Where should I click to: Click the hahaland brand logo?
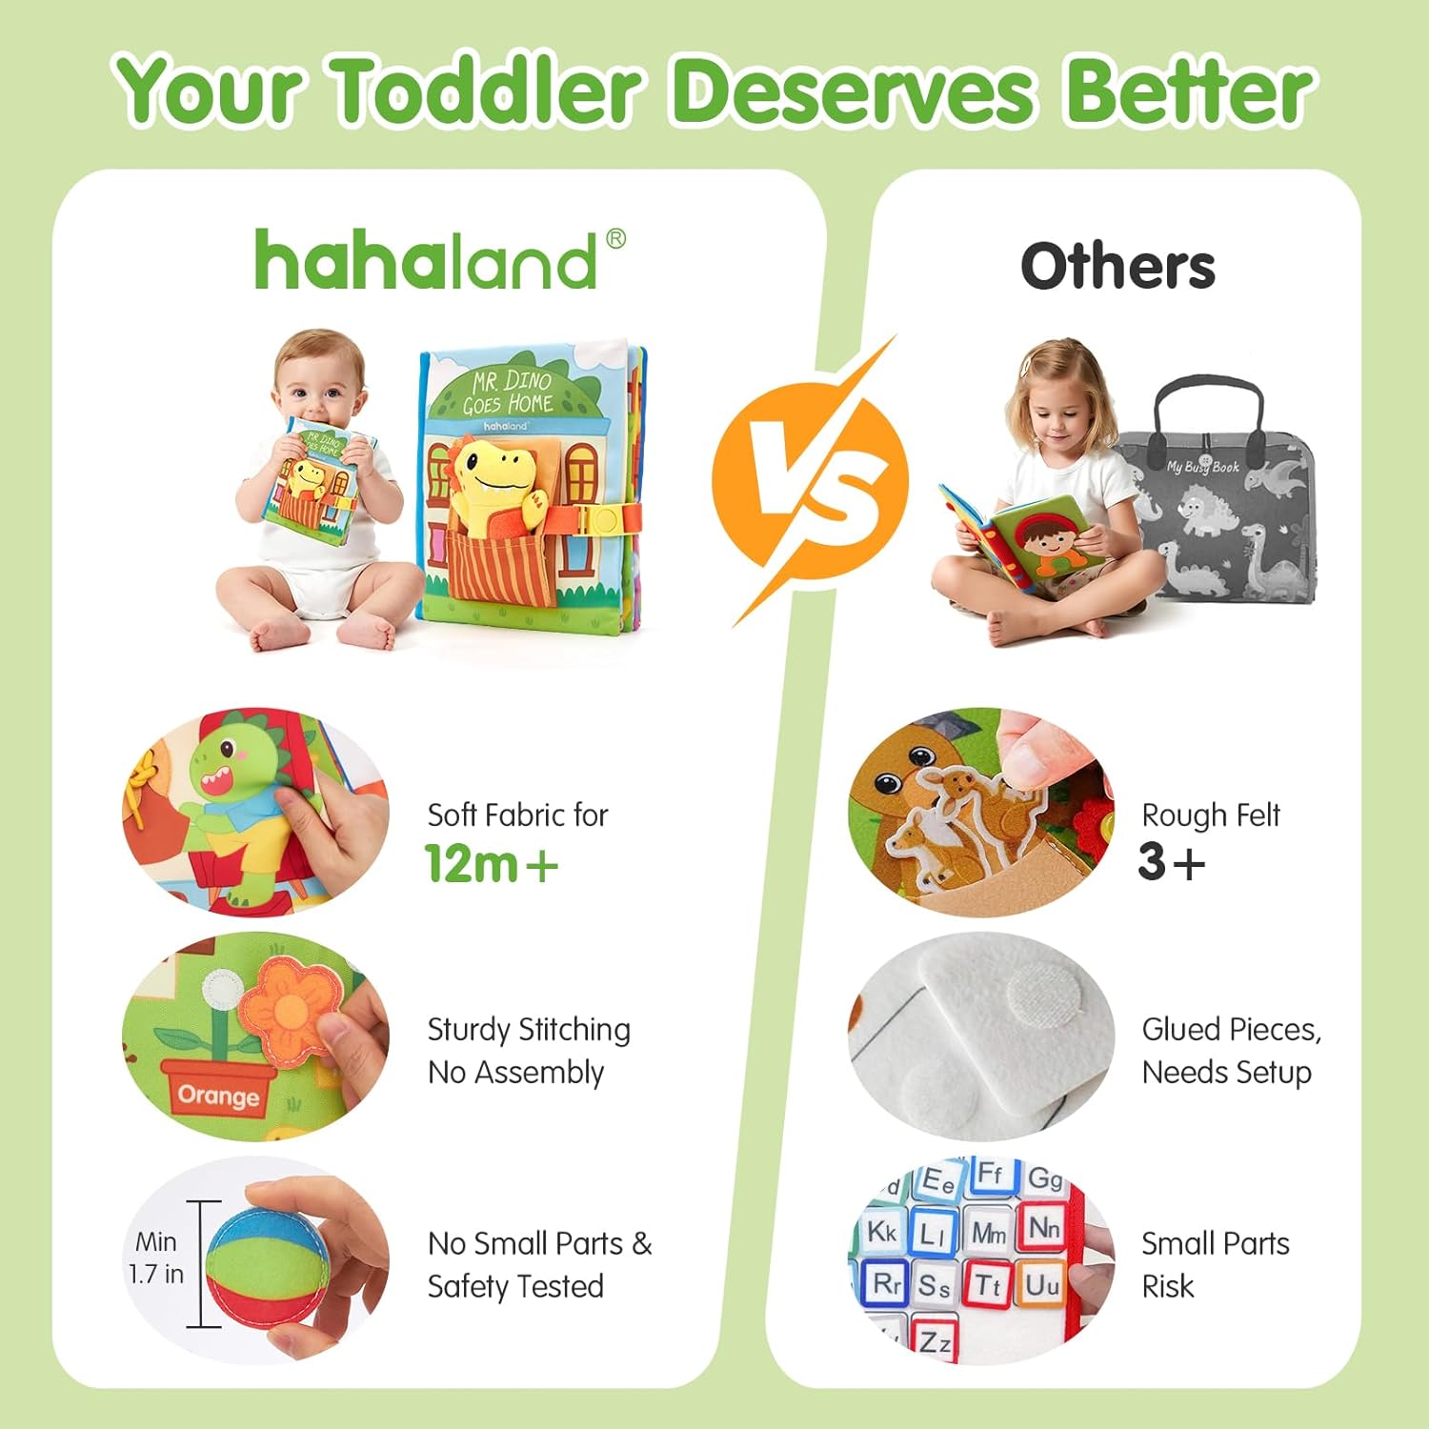pos(426,261)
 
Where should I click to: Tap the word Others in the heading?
pos(1117,266)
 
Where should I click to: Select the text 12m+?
pos(491,863)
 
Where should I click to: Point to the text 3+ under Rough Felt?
pos(1171,861)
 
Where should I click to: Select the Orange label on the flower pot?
pos(218,1096)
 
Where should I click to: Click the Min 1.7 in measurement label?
pos(156,1258)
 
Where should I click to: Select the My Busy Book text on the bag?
pos(1202,467)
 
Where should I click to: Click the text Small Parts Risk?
pos(1215,1264)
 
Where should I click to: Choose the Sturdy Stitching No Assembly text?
pos(529,1051)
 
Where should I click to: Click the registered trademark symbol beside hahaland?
pos(615,238)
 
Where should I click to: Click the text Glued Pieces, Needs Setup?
pos(1231,1051)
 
